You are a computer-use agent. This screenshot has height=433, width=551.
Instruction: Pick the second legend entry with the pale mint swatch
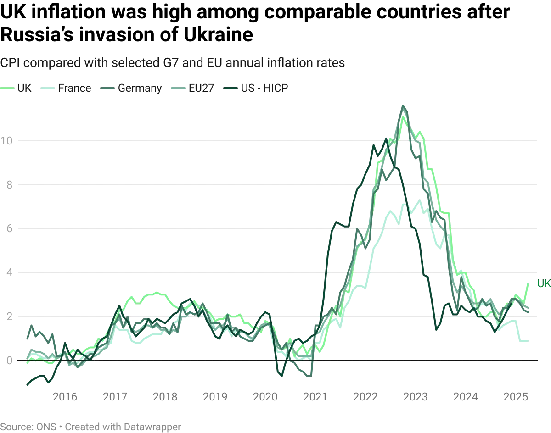pyautogui.click(x=67, y=87)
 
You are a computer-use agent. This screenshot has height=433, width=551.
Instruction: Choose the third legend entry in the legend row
pyautogui.click(x=133, y=87)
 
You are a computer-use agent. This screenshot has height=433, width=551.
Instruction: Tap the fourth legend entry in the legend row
pyautogui.click(x=191, y=87)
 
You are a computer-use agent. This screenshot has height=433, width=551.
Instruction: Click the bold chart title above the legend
pyautogui.click(x=172, y=64)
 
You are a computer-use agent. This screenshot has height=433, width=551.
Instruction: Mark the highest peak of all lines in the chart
pyautogui.click(x=404, y=105)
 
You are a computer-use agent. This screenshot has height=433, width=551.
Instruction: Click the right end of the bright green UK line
pyautogui.click(x=529, y=284)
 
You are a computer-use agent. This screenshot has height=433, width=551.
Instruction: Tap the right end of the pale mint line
pyautogui.click(x=528, y=342)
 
